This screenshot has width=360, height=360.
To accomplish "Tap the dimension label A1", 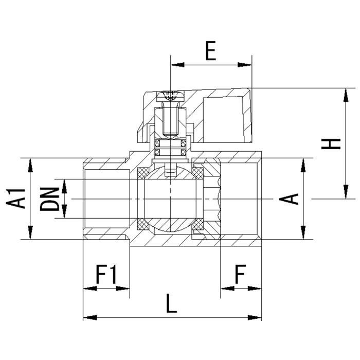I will pos(19,199).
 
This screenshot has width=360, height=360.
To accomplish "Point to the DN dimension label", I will pos(50,199).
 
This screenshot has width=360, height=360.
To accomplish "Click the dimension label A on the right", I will pos(292,199).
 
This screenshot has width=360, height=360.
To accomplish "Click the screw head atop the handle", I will pos(170,95).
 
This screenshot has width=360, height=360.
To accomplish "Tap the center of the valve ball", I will pos(170,199).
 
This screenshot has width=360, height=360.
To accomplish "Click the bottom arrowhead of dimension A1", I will pos(31,235).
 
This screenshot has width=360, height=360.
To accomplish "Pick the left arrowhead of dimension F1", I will pos(87,288).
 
